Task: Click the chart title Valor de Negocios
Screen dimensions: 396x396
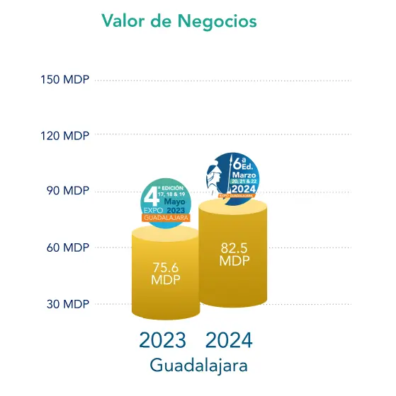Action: click(179, 21)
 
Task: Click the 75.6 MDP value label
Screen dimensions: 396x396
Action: click(166, 273)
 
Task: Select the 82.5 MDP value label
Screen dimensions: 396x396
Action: click(233, 254)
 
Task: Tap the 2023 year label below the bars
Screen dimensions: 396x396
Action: click(162, 340)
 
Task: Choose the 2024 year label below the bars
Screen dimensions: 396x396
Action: click(229, 340)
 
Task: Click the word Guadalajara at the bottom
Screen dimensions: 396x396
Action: click(198, 366)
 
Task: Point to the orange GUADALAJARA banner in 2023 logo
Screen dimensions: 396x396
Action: click(166, 218)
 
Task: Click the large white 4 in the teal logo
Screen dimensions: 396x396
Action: click(150, 197)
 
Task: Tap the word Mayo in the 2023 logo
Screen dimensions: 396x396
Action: click(176, 202)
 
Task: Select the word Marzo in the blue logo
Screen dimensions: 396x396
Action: click(244, 174)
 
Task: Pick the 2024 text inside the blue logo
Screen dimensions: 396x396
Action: click(243, 189)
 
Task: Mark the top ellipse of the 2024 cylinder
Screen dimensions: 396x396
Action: click(233, 206)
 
